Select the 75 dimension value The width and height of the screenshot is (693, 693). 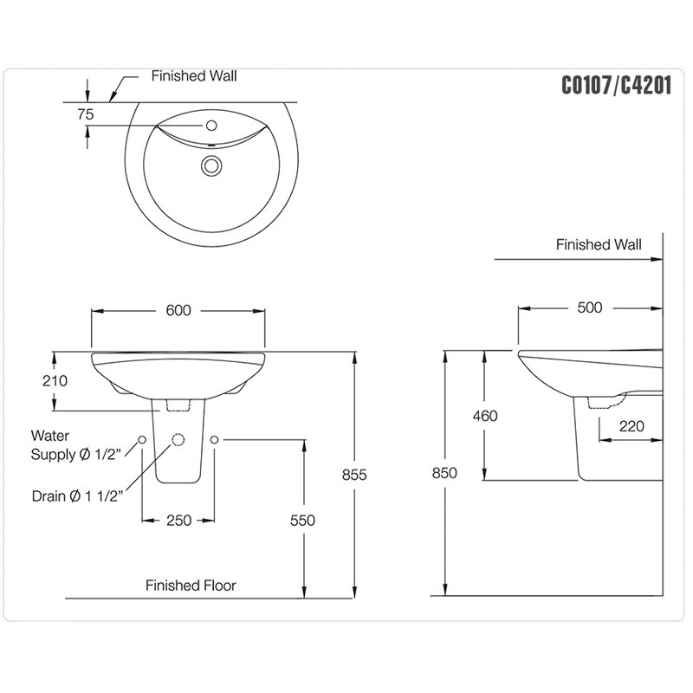click(86, 113)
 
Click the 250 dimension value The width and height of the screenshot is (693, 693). click(178, 520)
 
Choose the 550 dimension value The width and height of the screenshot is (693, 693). click(302, 520)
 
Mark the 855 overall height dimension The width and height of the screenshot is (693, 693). click(355, 475)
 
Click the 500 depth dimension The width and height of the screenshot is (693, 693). click(589, 308)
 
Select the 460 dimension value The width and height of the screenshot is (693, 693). click(485, 416)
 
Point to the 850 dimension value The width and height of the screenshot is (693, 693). click(444, 473)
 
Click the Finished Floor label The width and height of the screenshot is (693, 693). click(191, 586)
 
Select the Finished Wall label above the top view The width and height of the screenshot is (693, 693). click(194, 76)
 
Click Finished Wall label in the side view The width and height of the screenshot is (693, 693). click(599, 245)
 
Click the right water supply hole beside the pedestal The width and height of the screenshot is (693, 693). click(215, 440)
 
